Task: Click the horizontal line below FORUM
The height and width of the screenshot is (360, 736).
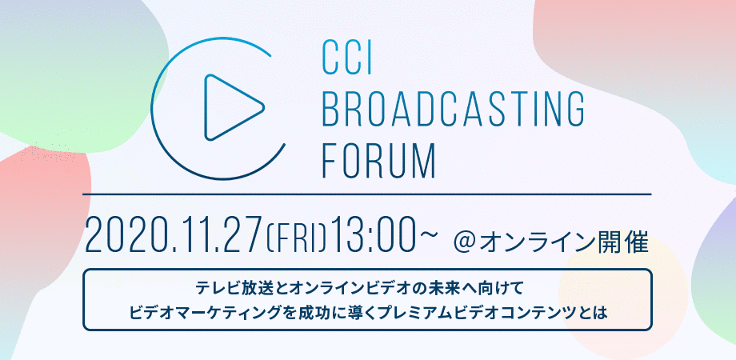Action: [x=368, y=194]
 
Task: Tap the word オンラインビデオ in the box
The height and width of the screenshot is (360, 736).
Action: [x=357, y=286]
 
